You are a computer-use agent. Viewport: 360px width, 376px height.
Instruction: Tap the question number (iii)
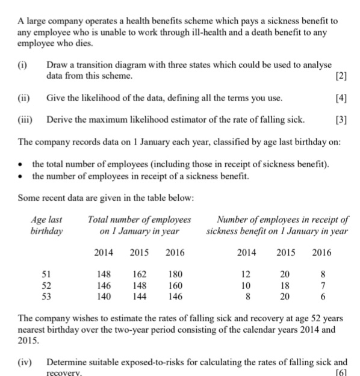pyautogui.click(x=25, y=120)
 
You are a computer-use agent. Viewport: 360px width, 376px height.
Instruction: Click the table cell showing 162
pyautogui.click(x=138, y=274)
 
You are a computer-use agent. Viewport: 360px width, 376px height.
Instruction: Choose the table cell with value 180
pyautogui.click(x=175, y=274)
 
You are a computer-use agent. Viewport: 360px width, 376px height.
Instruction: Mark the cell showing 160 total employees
pyautogui.click(x=175, y=285)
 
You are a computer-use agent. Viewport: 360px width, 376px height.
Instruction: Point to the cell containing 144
pyautogui.click(x=138, y=295)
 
